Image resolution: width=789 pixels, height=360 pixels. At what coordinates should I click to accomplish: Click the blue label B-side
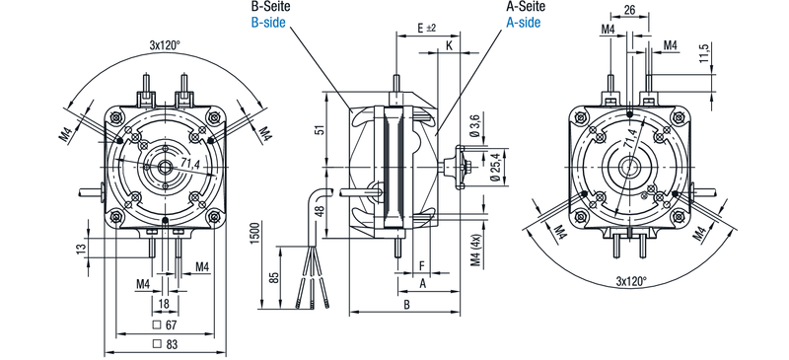click(x=268, y=23)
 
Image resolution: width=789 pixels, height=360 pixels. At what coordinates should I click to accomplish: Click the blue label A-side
click(x=524, y=23)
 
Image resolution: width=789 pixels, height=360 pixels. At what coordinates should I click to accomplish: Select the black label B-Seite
click(x=269, y=7)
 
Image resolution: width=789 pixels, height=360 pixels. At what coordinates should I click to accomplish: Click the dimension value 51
click(x=318, y=130)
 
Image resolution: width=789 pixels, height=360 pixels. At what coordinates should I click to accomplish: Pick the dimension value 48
click(x=318, y=210)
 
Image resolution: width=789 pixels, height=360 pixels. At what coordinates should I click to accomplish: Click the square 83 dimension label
click(x=166, y=345)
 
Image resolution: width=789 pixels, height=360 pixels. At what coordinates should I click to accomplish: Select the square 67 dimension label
click(x=166, y=324)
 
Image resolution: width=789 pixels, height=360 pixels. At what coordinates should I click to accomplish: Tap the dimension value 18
click(x=164, y=303)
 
